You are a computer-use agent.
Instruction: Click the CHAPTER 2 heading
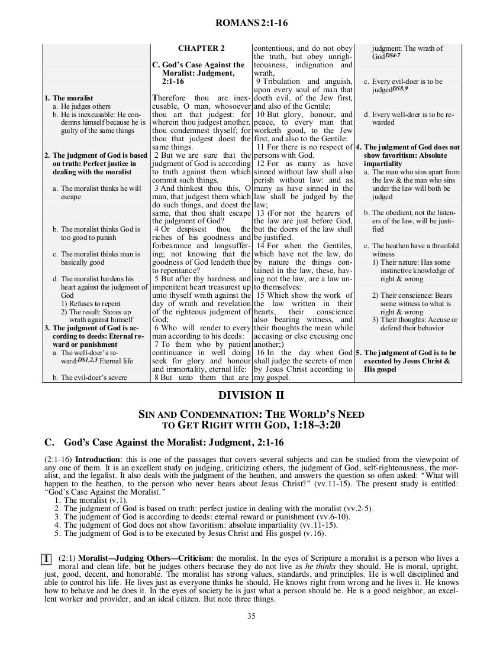coord(201,48)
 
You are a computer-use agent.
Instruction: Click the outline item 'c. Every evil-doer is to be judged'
coord(402,85)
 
